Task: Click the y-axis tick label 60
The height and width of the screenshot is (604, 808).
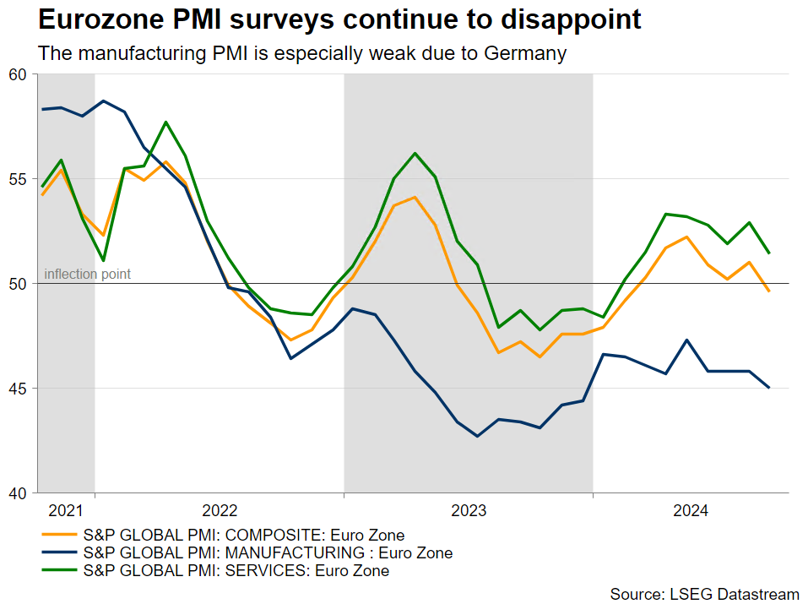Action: pyautogui.click(x=19, y=74)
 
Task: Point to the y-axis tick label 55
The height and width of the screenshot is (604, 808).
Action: pyautogui.click(x=19, y=179)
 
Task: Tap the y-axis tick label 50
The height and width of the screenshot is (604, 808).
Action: pyautogui.click(x=19, y=284)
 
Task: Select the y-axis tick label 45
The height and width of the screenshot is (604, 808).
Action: pyautogui.click(x=19, y=389)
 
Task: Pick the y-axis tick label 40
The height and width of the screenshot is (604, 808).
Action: pyautogui.click(x=19, y=493)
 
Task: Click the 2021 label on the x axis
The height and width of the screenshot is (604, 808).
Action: pyautogui.click(x=66, y=510)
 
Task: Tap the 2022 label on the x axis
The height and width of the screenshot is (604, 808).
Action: pyautogui.click(x=220, y=510)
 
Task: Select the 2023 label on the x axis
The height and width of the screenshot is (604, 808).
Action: pyautogui.click(x=469, y=510)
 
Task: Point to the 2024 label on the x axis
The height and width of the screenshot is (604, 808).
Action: pyautogui.click(x=691, y=510)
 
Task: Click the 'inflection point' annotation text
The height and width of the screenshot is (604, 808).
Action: pyautogui.click(x=87, y=275)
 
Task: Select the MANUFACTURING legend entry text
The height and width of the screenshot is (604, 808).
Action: pyautogui.click(x=268, y=553)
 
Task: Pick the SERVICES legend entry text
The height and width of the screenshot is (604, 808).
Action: pyautogui.click(x=236, y=571)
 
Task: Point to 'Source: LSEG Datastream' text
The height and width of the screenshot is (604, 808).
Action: pyautogui.click(x=705, y=595)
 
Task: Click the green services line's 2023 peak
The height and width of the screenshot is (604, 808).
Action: pyautogui.click(x=415, y=154)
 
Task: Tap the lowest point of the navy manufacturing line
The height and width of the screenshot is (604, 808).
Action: pyautogui.click(x=477, y=436)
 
